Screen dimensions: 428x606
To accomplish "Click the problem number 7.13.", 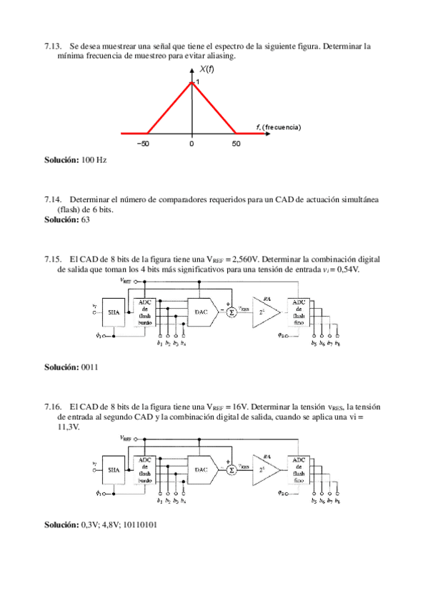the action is pyautogui.click(x=53, y=46).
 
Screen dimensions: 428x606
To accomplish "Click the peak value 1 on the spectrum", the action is pyautogui.click(x=197, y=83).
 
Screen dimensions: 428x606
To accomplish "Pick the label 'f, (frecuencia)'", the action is pyautogui.click(x=278, y=126).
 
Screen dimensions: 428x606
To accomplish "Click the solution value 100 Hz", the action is pyautogui.click(x=94, y=160).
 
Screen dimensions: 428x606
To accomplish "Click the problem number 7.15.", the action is pyautogui.click(x=53, y=259).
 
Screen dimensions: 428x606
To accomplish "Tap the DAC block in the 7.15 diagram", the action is pyautogui.click(x=201, y=312).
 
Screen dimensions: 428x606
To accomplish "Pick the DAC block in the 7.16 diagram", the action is pyautogui.click(x=201, y=470).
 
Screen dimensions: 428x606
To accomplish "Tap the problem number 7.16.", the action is pyautogui.click(x=53, y=407).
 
